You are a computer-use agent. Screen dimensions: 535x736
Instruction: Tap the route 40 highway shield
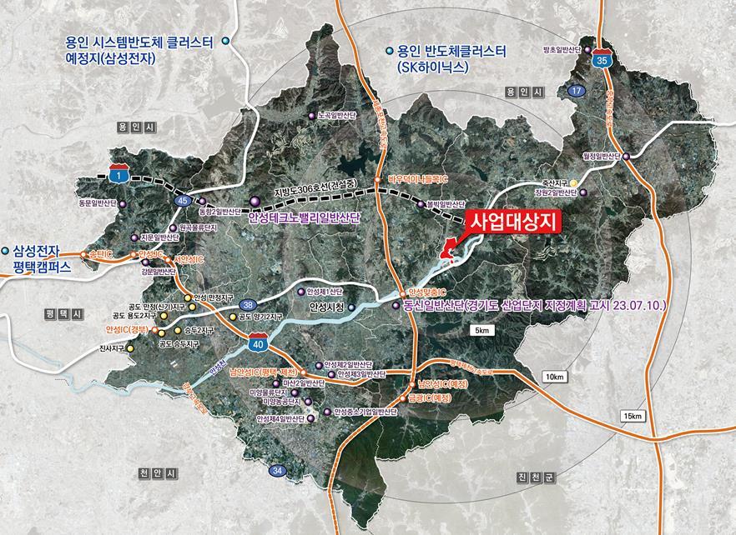tap(258, 342)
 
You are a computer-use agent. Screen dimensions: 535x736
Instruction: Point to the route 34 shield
tap(278, 472)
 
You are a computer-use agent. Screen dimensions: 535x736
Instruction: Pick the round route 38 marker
tap(249, 305)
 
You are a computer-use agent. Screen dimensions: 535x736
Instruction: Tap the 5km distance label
tap(484, 332)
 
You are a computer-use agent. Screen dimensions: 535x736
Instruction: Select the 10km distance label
tap(555, 377)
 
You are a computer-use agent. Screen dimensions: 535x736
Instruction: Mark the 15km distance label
tap(633, 415)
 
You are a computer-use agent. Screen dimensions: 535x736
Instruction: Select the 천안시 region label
tap(157, 473)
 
